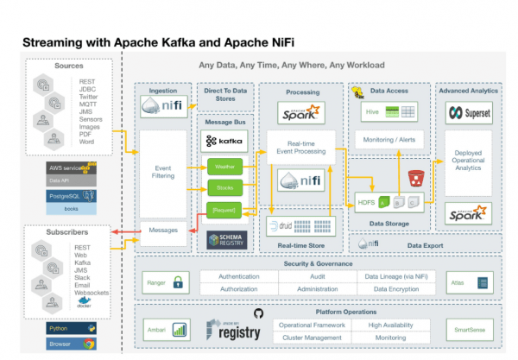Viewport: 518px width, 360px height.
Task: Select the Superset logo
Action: pos(468,112)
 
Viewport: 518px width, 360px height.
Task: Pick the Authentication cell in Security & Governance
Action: pos(238,276)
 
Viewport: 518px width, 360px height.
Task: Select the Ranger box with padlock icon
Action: pos(165,282)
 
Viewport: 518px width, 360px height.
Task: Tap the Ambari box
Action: pos(165,329)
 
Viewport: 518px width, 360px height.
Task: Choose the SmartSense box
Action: pos(470,329)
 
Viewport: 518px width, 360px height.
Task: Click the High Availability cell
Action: pos(390,324)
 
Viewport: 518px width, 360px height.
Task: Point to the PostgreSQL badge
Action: pos(73,196)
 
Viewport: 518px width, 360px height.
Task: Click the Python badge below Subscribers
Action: pos(72,330)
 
